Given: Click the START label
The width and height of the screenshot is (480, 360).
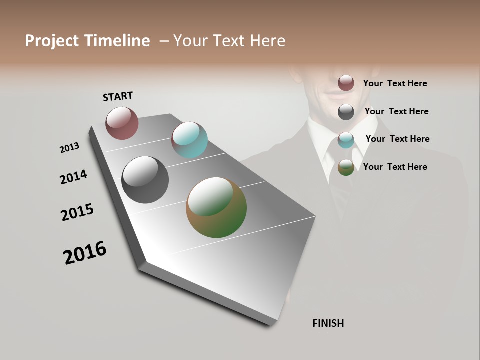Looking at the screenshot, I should click(x=118, y=96).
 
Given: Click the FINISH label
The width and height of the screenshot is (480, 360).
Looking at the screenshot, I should click(x=328, y=323).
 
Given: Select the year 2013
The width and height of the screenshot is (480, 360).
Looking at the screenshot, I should click(x=70, y=148).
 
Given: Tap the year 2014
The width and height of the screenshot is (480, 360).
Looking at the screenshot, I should click(x=74, y=177).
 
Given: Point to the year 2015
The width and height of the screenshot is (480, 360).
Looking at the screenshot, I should click(x=77, y=212).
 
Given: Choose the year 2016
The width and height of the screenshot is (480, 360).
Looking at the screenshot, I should click(x=85, y=252).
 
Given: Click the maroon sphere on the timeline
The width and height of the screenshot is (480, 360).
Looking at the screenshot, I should click(x=122, y=123).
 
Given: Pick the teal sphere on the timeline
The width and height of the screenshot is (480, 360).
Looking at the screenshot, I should click(x=189, y=140).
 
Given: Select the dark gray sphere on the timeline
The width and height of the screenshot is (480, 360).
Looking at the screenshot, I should click(x=145, y=180).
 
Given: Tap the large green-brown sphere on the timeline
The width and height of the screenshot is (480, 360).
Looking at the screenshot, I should click(x=216, y=207).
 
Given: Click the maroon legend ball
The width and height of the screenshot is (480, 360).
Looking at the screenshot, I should click(x=346, y=83).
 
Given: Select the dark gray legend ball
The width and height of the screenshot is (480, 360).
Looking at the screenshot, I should click(x=346, y=112).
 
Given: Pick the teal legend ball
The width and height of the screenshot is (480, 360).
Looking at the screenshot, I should click(x=346, y=140).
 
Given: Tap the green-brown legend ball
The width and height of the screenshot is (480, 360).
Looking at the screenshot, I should click(x=346, y=167).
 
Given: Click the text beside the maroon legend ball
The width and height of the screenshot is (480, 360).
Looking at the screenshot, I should click(x=395, y=83).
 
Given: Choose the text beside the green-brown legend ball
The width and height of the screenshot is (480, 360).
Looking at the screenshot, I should click(x=395, y=167).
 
